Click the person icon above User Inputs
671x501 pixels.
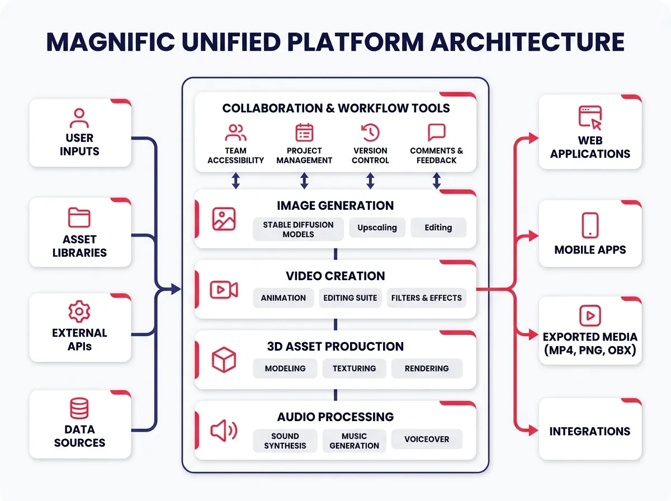pyautogui.click(x=79, y=119)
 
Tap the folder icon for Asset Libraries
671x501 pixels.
pyautogui.click(x=79, y=218)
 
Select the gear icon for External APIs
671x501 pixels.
pyautogui.click(x=79, y=311)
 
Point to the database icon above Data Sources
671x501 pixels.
pyautogui.click(x=79, y=409)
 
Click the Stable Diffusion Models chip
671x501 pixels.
pyautogui.click(x=298, y=229)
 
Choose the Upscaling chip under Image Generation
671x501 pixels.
pyautogui.click(x=377, y=228)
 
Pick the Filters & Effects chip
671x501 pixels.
pyautogui.click(x=426, y=298)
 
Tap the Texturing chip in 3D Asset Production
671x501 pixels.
pyautogui.click(x=354, y=368)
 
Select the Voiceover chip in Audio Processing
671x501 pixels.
pyautogui.click(x=427, y=439)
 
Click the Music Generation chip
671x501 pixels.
pyautogui.click(x=354, y=441)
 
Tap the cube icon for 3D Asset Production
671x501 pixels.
pyautogui.click(x=224, y=360)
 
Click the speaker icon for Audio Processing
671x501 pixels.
pyautogui.click(x=224, y=431)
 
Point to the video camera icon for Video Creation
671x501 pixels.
pyautogui.click(x=224, y=290)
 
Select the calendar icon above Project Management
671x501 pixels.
pyautogui.click(x=304, y=133)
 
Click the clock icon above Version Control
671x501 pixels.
pyautogui.click(x=370, y=133)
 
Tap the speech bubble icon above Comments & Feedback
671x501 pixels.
pyautogui.click(x=436, y=133)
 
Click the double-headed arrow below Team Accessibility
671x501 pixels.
pyautogui.click(x=236, y=181)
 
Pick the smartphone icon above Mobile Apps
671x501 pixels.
pyautogui.click(x=590, y=225)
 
